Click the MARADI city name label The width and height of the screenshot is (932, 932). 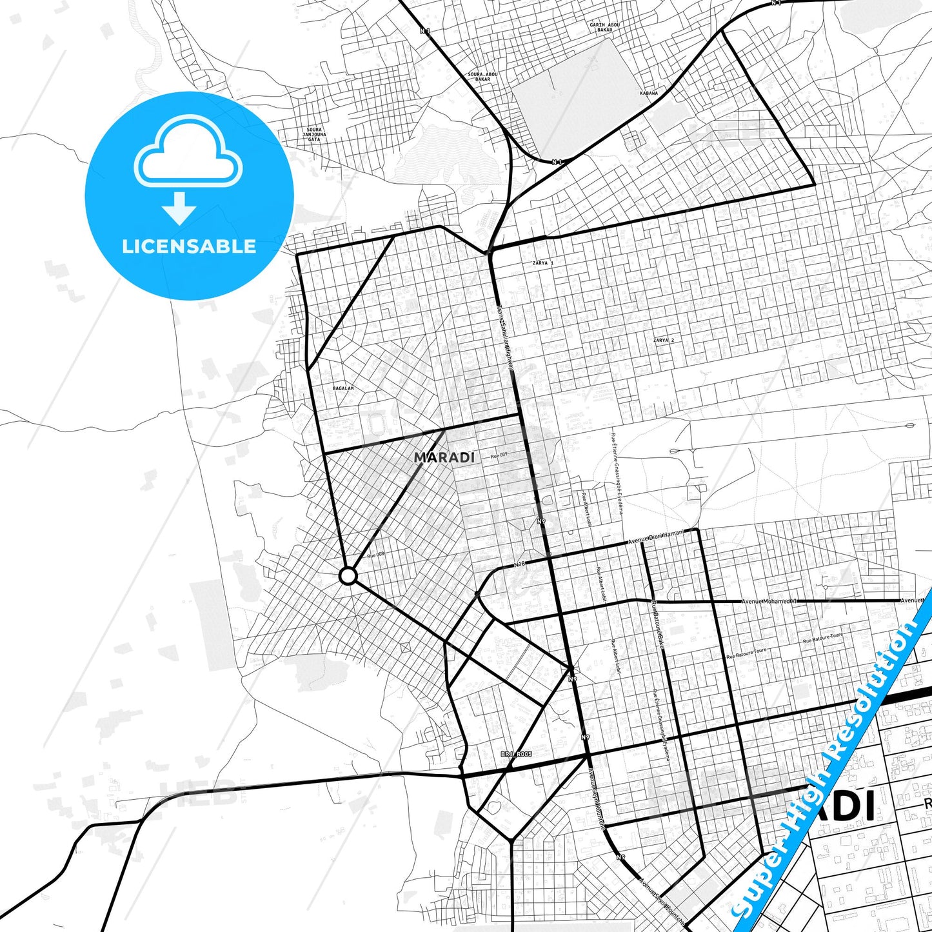(444, 457)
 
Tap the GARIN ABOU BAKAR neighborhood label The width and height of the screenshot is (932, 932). (604, 27)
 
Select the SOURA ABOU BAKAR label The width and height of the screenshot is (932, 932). (482, 76)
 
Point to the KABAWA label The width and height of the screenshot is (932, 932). (649, 93)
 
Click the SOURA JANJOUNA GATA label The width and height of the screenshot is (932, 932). (313, 134)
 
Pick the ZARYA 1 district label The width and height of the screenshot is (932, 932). (542, 263)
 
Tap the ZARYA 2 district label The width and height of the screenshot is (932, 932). (663, 340)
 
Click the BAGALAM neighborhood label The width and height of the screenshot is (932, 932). (343, 388)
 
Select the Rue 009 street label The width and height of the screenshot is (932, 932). (499, 455)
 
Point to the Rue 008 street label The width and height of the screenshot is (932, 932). (375, 555)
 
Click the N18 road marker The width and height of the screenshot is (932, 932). (520, 564)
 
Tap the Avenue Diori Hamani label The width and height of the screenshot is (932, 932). (655, 538)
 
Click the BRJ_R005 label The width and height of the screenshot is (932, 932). (516, 753)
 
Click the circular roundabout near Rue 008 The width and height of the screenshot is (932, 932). (348, 576)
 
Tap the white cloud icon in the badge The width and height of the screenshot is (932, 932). (188, 154)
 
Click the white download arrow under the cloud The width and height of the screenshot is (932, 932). (179, 208)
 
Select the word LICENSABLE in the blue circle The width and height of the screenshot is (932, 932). (189, 246)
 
